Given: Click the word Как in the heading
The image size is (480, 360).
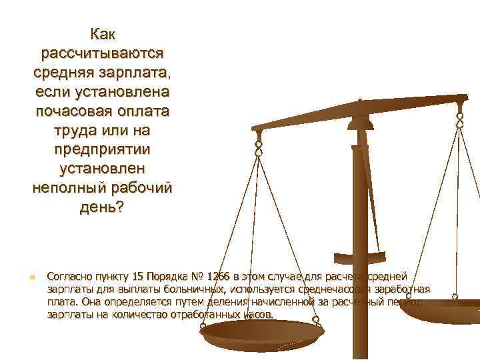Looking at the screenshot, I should [102, 33].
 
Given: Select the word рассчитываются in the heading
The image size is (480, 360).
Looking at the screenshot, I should [102, 51].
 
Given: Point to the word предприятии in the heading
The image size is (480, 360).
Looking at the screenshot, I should [102, 149].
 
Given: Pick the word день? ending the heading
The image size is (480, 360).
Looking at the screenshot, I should [102, 207].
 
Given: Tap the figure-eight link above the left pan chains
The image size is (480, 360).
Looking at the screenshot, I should [259, 146].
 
